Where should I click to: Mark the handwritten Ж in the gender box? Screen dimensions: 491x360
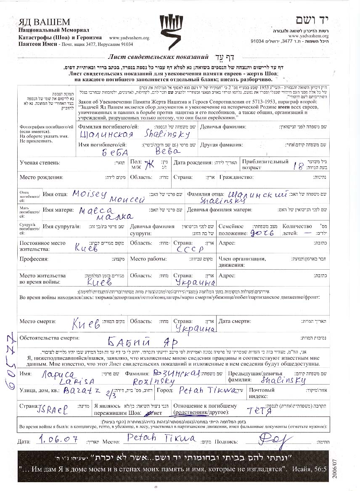149,163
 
